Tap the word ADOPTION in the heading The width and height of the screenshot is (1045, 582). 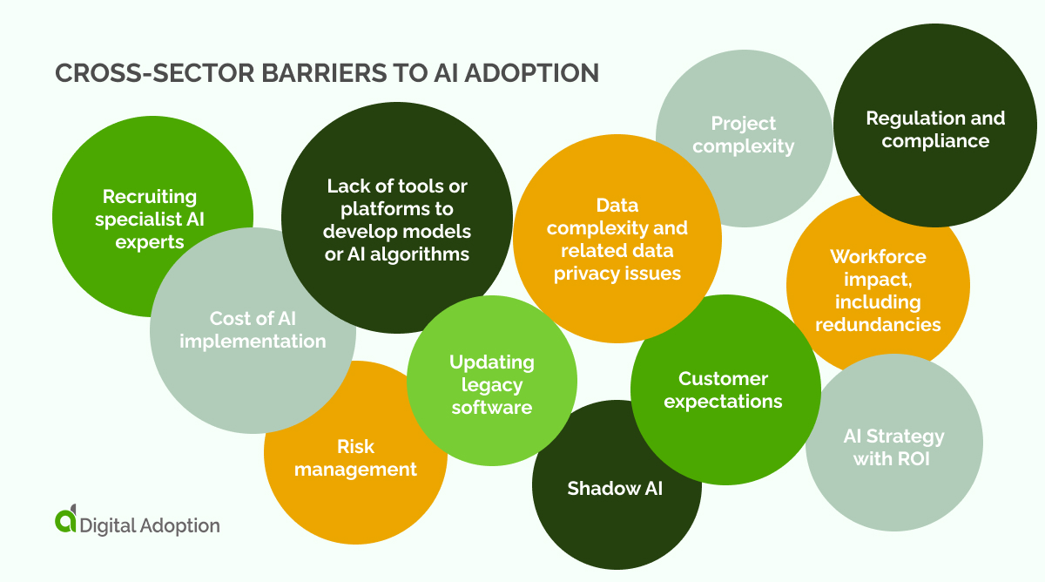533,73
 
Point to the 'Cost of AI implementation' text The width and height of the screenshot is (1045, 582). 253,329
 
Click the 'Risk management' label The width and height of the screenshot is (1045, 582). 355,457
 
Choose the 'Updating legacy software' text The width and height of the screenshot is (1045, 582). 492,384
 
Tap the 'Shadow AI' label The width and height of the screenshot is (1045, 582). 615,488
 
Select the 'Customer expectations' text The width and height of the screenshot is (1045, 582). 723,389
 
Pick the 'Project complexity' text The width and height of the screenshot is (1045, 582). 743,134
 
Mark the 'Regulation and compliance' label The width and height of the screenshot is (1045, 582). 935,129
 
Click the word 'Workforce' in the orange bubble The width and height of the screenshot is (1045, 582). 878,256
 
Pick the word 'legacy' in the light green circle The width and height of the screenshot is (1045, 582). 492,384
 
